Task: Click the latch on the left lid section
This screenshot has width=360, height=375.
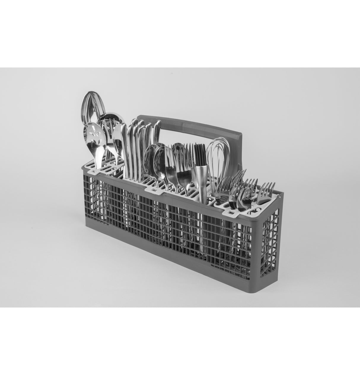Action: [x=93, y=171]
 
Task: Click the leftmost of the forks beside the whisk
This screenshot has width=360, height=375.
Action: [x=223, y=187]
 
